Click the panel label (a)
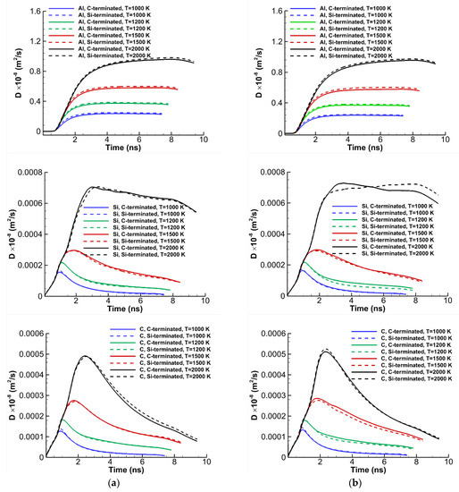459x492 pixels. [113, 483]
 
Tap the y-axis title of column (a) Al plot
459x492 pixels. [6, 73]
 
